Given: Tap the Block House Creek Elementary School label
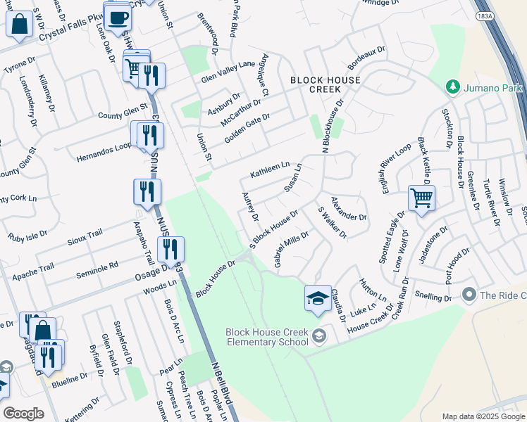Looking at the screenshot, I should (267, 337).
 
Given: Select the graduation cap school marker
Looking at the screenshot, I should (318, 298).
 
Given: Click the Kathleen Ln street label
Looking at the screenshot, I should (270, 170).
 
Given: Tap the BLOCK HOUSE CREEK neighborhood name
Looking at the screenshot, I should (325, 85).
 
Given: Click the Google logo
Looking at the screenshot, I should (23, 414).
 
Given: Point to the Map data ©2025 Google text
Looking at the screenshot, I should (483, 416).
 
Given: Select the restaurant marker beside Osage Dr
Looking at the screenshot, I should (170, 249).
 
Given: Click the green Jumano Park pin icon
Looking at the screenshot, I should (452, 87).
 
